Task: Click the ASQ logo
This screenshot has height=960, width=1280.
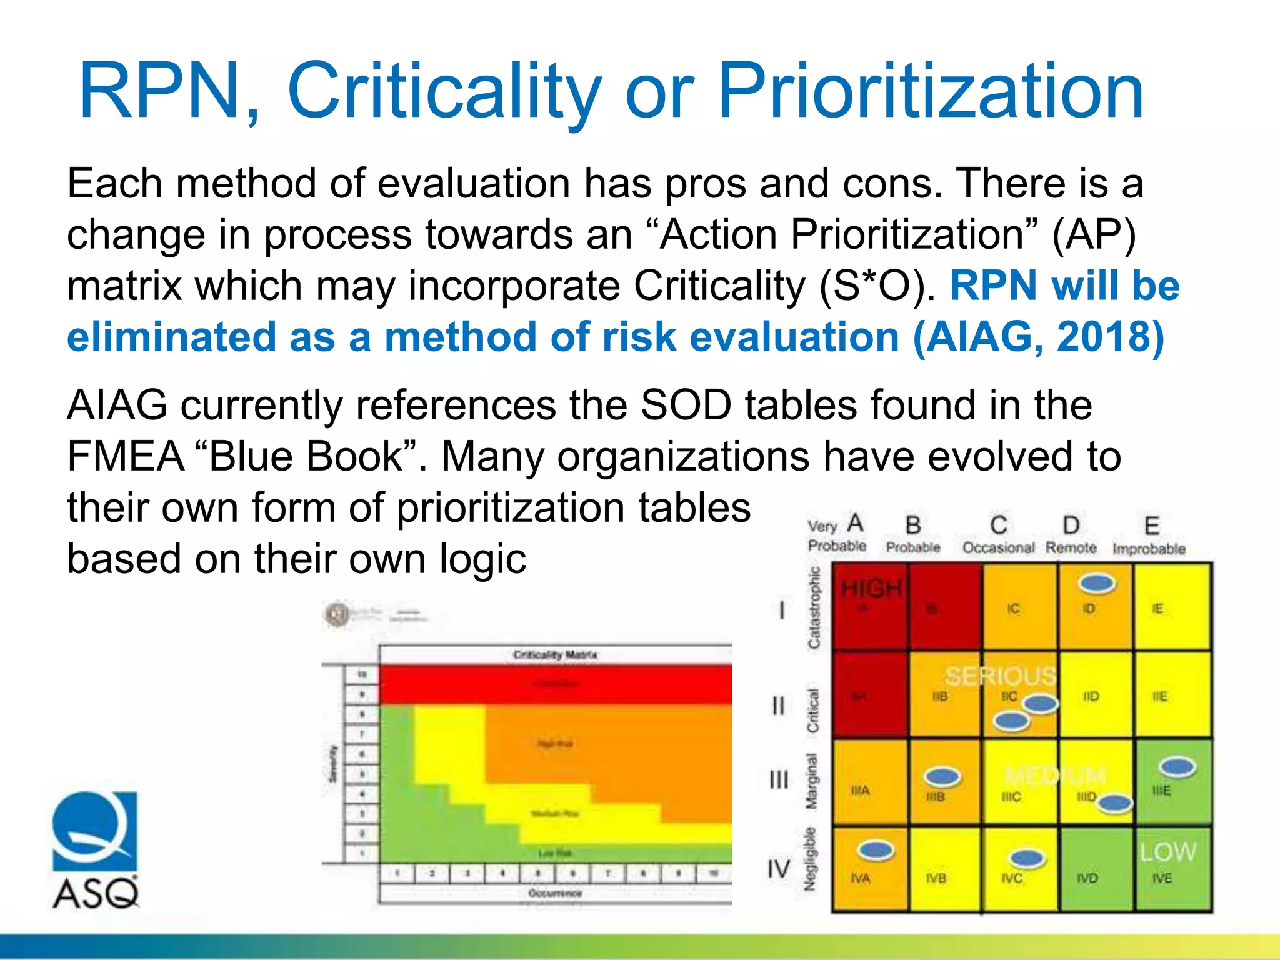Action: (95, 850)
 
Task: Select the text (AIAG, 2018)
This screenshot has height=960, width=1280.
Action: (1038, 337)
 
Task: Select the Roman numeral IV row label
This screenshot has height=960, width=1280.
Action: (779, 869)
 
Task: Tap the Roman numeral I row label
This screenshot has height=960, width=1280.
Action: (781, 610)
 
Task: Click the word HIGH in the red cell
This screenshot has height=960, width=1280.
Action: (871, 588)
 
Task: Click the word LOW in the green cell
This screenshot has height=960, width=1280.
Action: (1167, 852)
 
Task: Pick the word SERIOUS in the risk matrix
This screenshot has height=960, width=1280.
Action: (1000, 676)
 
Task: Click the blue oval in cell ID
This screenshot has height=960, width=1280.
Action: (1097, 584)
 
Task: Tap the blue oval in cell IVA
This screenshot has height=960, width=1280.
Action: (876, 850)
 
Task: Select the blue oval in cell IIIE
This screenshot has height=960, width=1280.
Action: (1177, 767)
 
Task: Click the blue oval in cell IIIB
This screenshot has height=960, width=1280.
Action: (942, 777)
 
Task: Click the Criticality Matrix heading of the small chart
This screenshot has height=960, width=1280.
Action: (555, 655)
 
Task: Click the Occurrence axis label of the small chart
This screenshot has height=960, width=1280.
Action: (555, 893)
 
